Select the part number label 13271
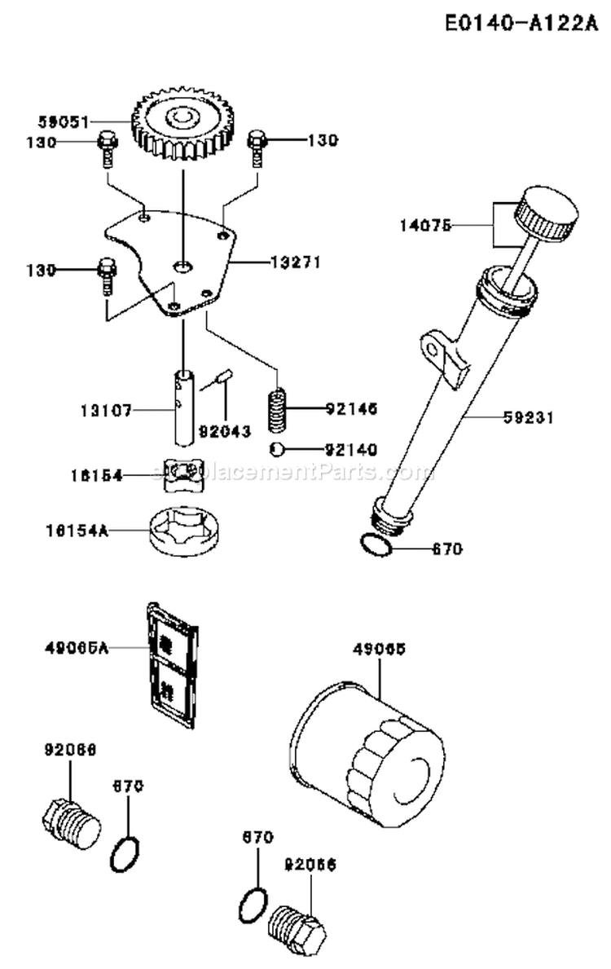295,262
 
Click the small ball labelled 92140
279,447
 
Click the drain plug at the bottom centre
301,927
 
